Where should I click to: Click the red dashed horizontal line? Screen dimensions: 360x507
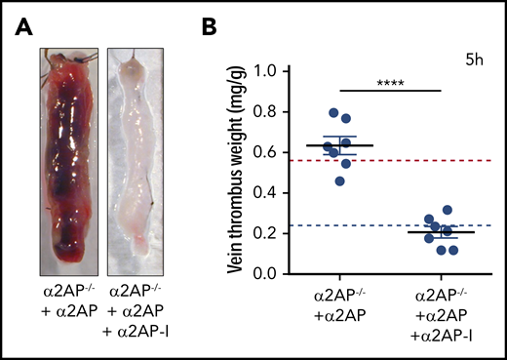click(x=468, y=160)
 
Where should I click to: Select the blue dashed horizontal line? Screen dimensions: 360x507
click(x=468, y=225)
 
